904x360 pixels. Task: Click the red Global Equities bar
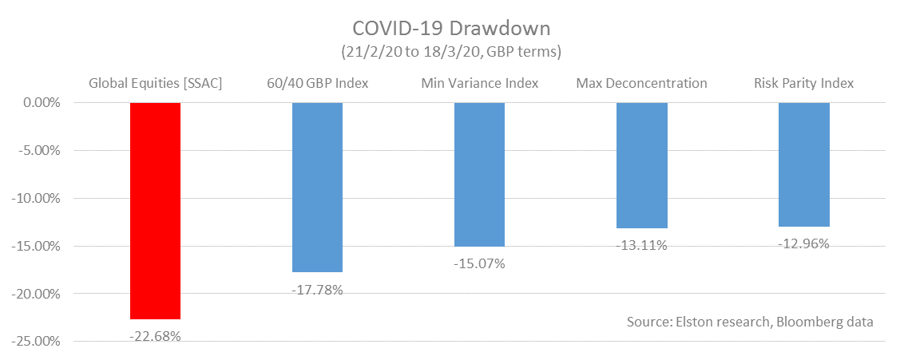coord(155,211)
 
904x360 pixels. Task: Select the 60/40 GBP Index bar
coord(317,188)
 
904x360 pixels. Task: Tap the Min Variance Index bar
coord(479,175)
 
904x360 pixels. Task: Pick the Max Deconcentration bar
coord(642,165)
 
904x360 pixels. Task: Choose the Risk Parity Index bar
coord(804,164)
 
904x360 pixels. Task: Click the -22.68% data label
coord(155,336)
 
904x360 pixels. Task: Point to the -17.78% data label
coord(317,290)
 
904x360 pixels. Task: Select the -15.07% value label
coord(479,263)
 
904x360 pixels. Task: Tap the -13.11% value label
coord(642,245)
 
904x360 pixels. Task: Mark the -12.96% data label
coord(804,243)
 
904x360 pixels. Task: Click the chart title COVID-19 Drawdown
coord(451,29)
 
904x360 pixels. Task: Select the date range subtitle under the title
coord(451,53)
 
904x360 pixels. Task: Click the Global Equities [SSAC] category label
coord(154,83)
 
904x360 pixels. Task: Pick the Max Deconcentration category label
coord(641,83)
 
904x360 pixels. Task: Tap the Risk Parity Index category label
coord(804,83)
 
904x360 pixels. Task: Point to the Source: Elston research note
coord(750,322)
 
